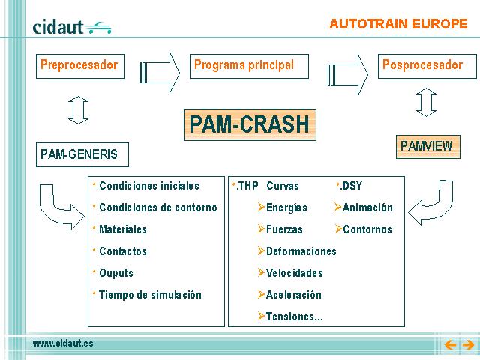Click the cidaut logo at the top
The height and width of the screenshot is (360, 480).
point(72,27)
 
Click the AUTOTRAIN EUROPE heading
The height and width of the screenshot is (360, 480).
point(398,24)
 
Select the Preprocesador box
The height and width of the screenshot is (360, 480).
point(80,66)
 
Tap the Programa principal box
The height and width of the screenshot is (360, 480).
point(249,66)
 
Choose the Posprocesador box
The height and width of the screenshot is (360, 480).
point(427,66)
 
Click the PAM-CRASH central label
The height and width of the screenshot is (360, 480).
point(250,124)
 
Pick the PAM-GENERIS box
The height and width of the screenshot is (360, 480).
point(82,154)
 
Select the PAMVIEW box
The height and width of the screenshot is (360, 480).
point(428,147)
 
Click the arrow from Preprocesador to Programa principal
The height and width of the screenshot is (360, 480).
point(160,73)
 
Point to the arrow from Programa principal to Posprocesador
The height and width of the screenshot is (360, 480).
point(348,74)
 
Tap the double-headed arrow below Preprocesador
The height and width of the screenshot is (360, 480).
point(78,110)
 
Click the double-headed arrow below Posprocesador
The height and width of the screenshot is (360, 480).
point(426,102)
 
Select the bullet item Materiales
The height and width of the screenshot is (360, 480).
point(123,229)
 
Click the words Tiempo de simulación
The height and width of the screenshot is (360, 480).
point(150,295)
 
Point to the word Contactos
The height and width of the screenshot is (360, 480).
point(123,251)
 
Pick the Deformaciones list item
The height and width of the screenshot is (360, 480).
point(297,251)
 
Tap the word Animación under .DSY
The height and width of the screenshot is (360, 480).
point(367,208)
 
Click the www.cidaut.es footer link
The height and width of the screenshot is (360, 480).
point(63,343)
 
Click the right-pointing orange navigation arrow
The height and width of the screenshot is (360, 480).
point(468,345)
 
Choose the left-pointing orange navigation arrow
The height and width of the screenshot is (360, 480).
point(450,345)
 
